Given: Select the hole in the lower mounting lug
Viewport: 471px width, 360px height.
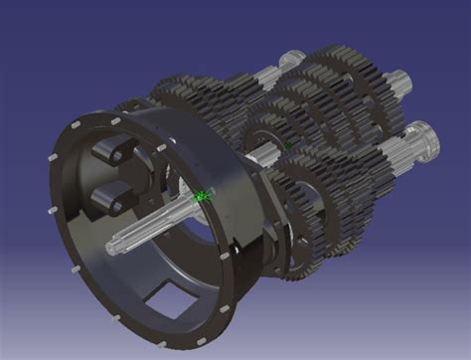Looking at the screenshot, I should (116, 203).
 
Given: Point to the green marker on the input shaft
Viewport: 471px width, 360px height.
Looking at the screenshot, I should (202, 197).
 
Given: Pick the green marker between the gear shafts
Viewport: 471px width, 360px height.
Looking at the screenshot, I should (288, 146).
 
